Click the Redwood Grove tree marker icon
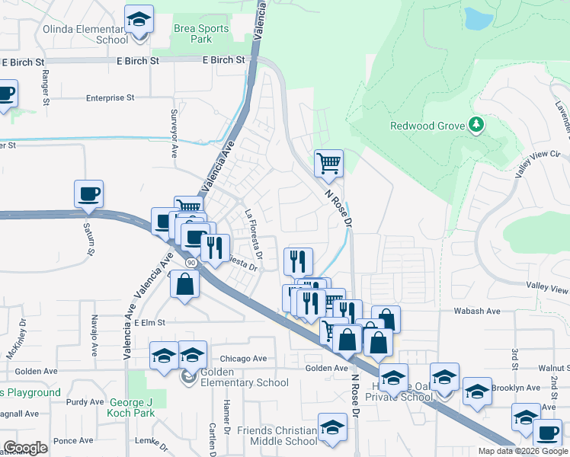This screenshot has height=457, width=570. coord(476,124)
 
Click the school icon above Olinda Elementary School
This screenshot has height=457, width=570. coord(139,18)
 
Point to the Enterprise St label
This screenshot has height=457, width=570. coord(110,97)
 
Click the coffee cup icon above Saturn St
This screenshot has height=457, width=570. coord(88,193)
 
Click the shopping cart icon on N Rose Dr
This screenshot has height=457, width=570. coord(328,162)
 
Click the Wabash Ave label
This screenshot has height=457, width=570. coord(476,311)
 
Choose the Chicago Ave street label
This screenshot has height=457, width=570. coord(244,358)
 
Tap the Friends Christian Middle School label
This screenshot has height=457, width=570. coord(277,436)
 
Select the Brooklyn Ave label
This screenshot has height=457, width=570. coord(515,388)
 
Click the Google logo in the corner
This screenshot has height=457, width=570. coord(25,448)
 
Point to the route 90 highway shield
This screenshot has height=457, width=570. coord(191,262)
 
